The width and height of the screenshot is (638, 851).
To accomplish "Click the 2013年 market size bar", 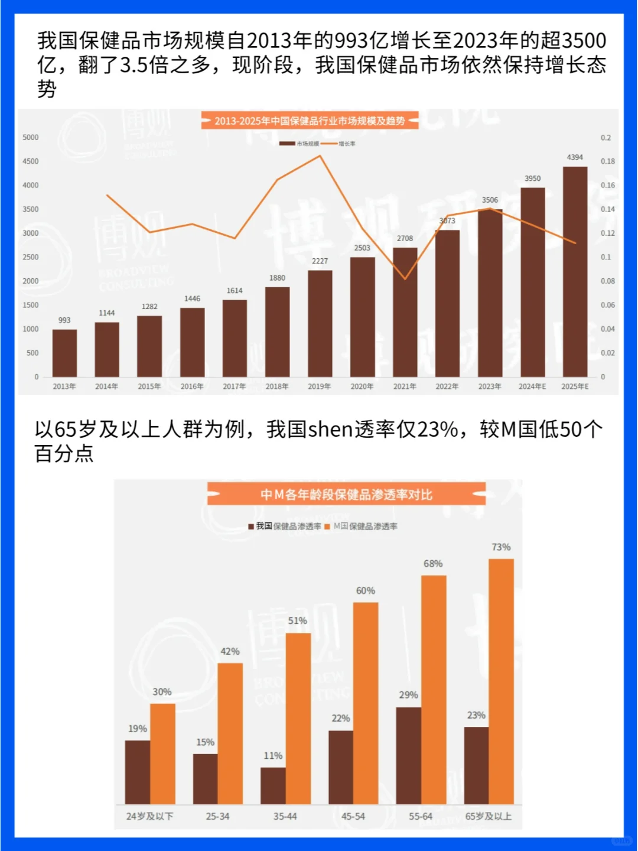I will [64, 353].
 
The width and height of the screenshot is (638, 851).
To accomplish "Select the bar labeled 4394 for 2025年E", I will [575, 272].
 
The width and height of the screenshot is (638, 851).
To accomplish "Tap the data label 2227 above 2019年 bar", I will [320, 261].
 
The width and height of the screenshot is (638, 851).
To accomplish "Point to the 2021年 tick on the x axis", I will [405, 386].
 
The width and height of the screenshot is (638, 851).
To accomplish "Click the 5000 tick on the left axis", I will [31, 137].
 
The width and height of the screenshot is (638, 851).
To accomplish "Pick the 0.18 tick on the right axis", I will [607, 161].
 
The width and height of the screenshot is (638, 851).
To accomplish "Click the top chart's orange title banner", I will [310, 121].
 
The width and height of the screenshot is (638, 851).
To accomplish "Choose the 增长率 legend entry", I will [347, 144].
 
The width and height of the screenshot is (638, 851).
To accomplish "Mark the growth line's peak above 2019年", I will [320, 156].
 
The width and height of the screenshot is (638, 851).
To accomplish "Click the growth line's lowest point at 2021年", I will [405, 278].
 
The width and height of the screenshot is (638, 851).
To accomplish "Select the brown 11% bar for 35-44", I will [273, 785].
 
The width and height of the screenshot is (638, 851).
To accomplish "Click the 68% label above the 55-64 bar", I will [433, 564].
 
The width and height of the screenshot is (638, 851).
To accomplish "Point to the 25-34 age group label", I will [217, 816].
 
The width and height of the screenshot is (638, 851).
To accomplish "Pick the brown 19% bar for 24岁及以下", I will [138, 772].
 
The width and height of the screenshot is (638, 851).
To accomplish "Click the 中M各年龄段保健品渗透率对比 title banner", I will [346, 494].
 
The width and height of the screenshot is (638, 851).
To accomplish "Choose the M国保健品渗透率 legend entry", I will [365, 526].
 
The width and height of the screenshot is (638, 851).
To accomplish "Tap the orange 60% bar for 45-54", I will [366, 703].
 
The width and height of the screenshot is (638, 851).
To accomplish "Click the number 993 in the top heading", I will [351, 41].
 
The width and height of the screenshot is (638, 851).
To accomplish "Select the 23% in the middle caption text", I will [437, 429].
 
